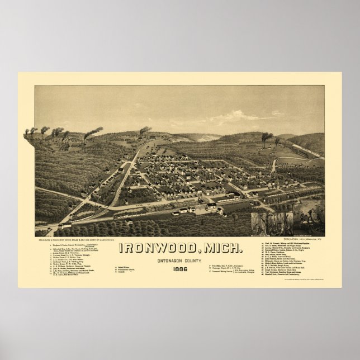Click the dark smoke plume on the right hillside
pos(267,135)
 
